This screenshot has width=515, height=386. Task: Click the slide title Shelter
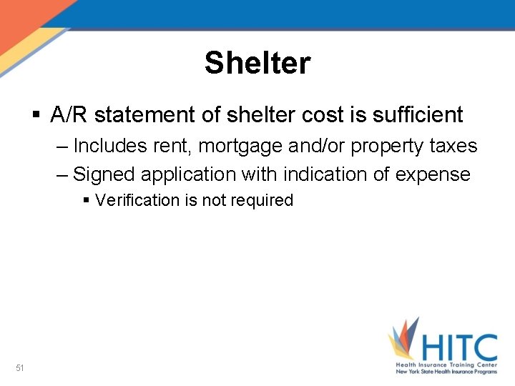pyautogui.click(x=257, y=63)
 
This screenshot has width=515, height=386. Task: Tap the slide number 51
pyautogui.click(x=20, y=368)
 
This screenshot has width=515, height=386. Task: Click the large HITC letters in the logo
pyautogui.click(x=458, y=347)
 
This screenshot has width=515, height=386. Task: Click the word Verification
pyautogui.click(x=137, y=200)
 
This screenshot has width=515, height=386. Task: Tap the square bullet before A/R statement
pyautogui.click(x=37, y=114)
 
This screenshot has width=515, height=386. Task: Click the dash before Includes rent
pyautogui.click(x=62, y=146)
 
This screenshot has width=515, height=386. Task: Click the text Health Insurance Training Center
pyautogui.click(x=447, y=365)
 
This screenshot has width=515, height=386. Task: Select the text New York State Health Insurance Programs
pyautogui.click(x=447, y=372)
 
